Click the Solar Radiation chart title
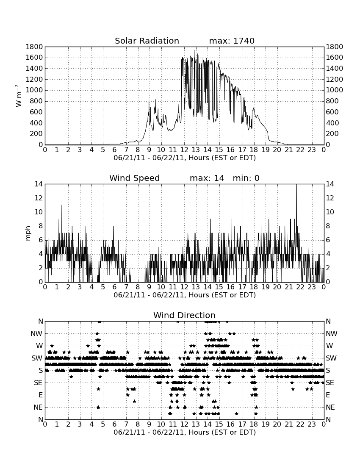[147, 41]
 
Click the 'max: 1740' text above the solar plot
[232, 41]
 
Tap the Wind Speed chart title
[134, 178]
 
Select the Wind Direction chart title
[184, 315]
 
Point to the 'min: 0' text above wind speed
[246, 178]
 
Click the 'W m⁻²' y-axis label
[18, 96]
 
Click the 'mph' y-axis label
[28, 233]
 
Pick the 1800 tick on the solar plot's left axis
[34, 47]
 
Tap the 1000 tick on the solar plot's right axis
[335, 90]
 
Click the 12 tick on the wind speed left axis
[39, 198]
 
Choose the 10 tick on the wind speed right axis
[330, 212]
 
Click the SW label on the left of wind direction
[37, 358]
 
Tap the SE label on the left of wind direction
[38, 383]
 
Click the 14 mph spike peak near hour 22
[296, 185]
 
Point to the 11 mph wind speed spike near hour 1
[62, 205]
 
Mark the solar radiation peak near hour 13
[194, 50]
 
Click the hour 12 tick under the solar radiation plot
[184, 150]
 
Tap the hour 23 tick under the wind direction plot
[312, 424]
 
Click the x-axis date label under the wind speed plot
[185, 295]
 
